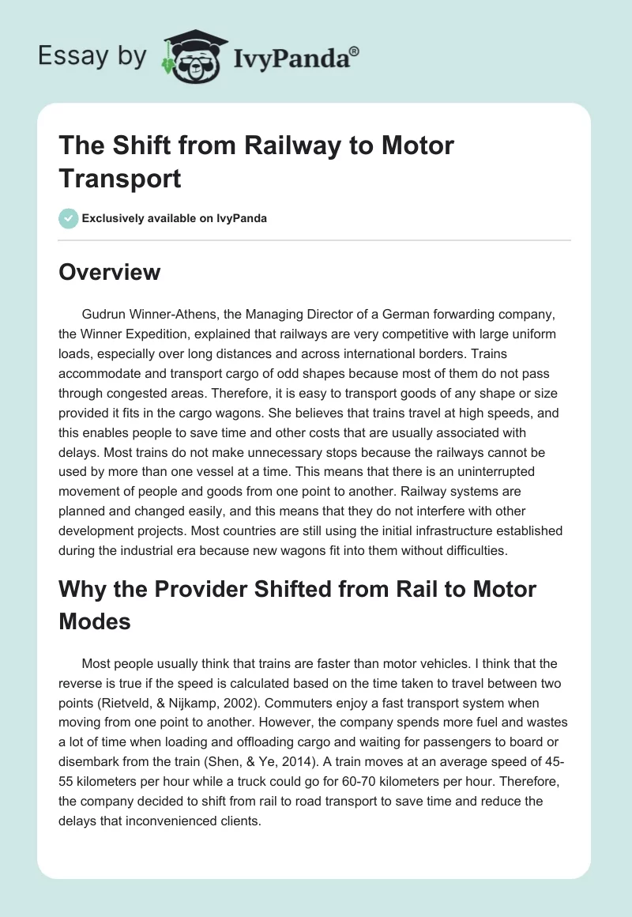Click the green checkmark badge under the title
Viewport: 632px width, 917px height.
(x=69, y=218)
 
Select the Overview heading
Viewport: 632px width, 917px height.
(x=110, y=272)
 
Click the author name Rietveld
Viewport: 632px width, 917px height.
(x=296, y=683)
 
